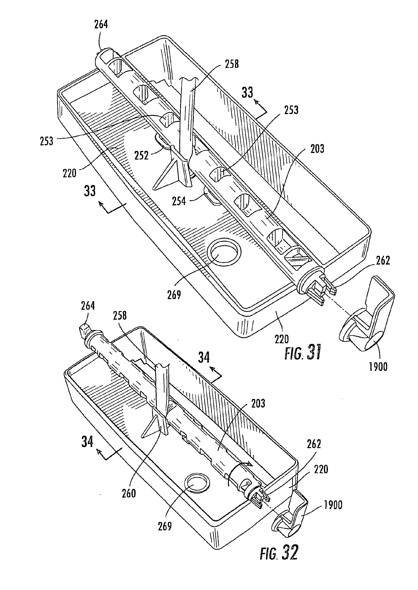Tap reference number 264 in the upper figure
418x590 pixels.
pyautogui.click(x=101, y=25)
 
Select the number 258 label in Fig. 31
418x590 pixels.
pyautogui.click(x=232, y=64)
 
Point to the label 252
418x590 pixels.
pyautogui.click(x=141, y=155)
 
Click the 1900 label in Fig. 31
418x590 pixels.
pyautogui.click(x=378, y=367)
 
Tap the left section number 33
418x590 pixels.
pyautogui.click(x=90, y=191)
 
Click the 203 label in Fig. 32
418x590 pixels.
pyautogui.click(x=258, y=403)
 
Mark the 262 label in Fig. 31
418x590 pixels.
pyautogui.click(x=383, y=261)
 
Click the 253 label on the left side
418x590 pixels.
pyautogui.click(x=47, y=141)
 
